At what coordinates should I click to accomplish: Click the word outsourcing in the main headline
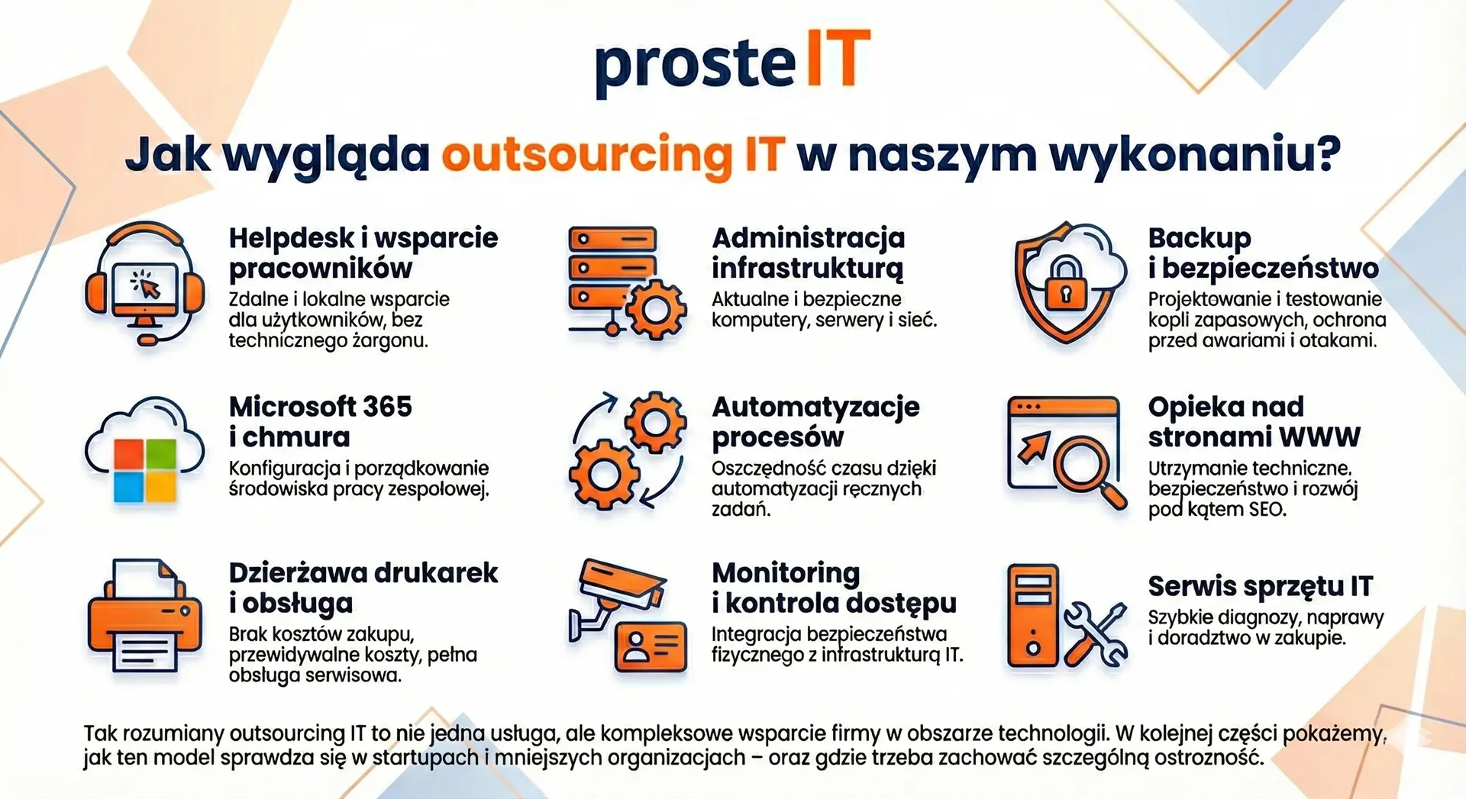[x=586, y=155]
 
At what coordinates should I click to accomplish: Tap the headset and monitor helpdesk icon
[x=145, y=284]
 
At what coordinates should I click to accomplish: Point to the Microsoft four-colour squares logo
[x=145, y=472]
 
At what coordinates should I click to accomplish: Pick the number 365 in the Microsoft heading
[x=387, y=406]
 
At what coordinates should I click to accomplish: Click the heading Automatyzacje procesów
[x=815, y=422]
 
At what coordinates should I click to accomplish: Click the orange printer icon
[x=145, y=616]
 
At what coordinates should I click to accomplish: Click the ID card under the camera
[x=651, y=646]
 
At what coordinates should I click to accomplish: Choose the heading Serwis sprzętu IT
[x=1261, y=587]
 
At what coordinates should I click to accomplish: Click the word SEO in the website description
[x=1267, y=509]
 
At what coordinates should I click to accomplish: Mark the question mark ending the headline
[x=1329, y=153]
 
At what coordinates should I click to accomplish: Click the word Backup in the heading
[x=1200, y=239]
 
